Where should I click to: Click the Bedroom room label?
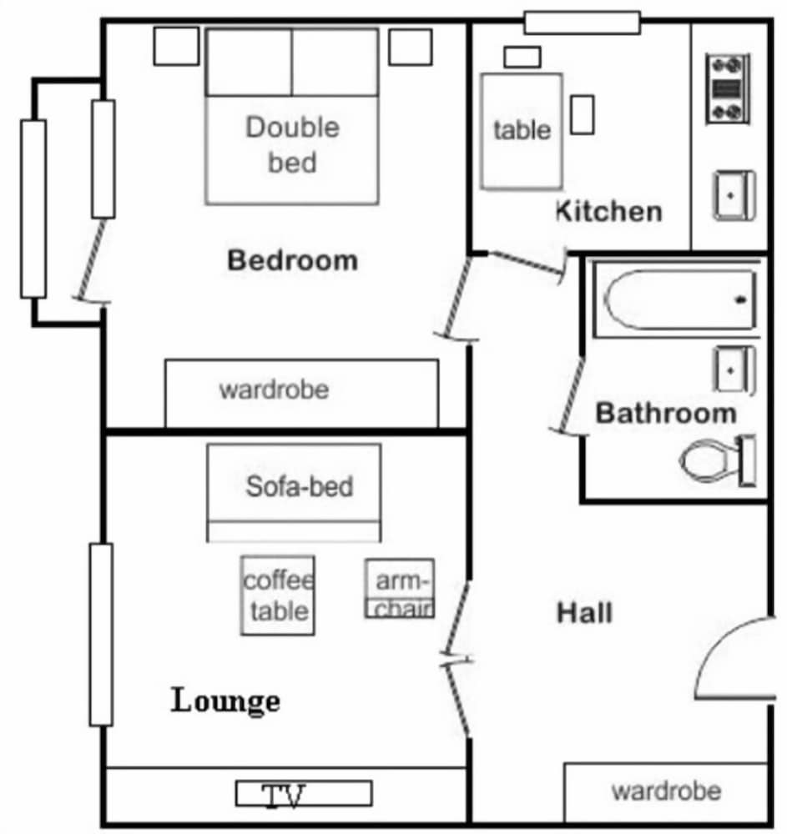(x=292, y=260)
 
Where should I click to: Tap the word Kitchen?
(x=608, y=211)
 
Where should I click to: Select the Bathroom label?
(x=666, y=414)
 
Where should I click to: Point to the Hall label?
(x=584, y=612)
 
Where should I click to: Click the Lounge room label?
(x=225, y=701)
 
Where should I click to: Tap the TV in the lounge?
(x=304, y=794)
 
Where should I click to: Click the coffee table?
(x=278, y=595)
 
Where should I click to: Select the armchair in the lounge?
(x=400, y=588)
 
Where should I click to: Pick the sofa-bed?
(x=294, y=493)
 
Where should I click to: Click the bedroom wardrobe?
(x=302, y=393)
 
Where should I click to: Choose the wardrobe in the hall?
(x=666, y=792)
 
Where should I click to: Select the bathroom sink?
(x=734, y=370)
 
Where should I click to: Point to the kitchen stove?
(x=728, y=89)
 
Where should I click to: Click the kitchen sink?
(x=734, y=195)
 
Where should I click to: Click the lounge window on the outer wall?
(x=101, y=635)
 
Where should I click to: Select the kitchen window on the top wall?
(x=583, y=23)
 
